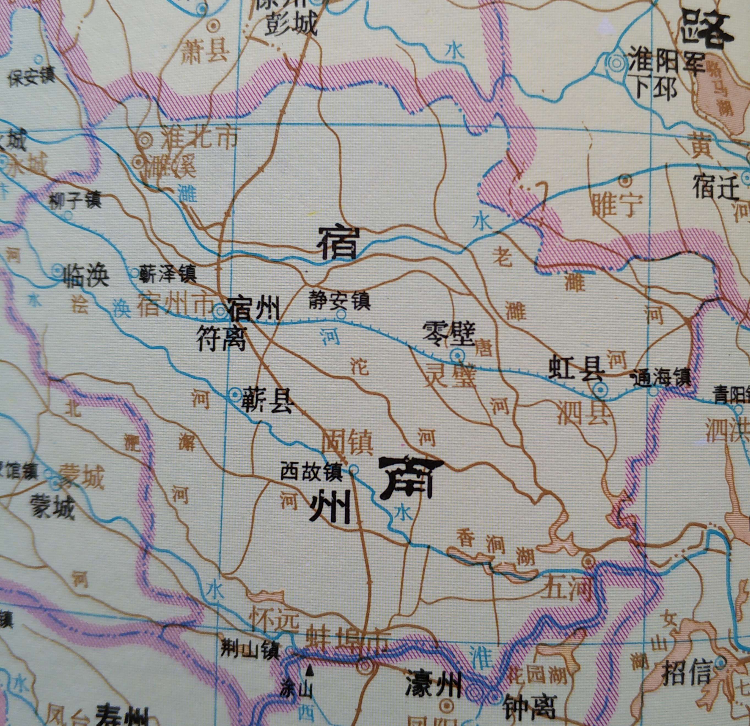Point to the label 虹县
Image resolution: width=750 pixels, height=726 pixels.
point(576,369)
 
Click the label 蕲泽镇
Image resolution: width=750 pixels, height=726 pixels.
point(167,274)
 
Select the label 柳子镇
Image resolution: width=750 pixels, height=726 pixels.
point(75,201)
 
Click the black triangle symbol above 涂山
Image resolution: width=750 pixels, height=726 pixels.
point(310,669)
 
